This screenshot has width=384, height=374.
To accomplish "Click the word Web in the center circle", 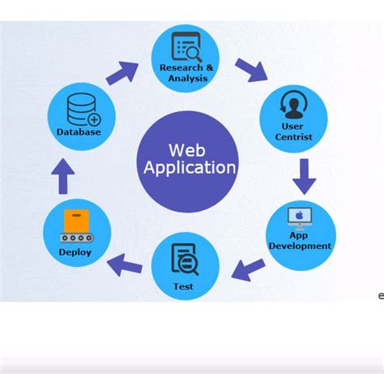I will click(187, 150).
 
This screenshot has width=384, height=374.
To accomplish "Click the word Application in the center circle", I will click(190, 168).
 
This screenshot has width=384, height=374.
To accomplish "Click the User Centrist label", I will click(292, 131).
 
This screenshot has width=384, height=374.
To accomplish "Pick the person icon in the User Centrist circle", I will click(292, 105).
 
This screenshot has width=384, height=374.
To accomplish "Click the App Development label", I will click(300, 241).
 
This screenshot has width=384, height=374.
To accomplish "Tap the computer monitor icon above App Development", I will click(301, 217).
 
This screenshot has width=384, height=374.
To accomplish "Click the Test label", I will click(183, 286).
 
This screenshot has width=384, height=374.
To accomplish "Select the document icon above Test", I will click(184, 260).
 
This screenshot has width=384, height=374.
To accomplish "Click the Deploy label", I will click(75, 251).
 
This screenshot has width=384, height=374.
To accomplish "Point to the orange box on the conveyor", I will click(75, 221).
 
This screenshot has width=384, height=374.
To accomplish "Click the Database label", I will click(79, 131).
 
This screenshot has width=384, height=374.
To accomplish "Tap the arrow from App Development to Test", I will click(249, 267).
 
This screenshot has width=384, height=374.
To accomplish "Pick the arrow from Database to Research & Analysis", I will click(121, 71).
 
